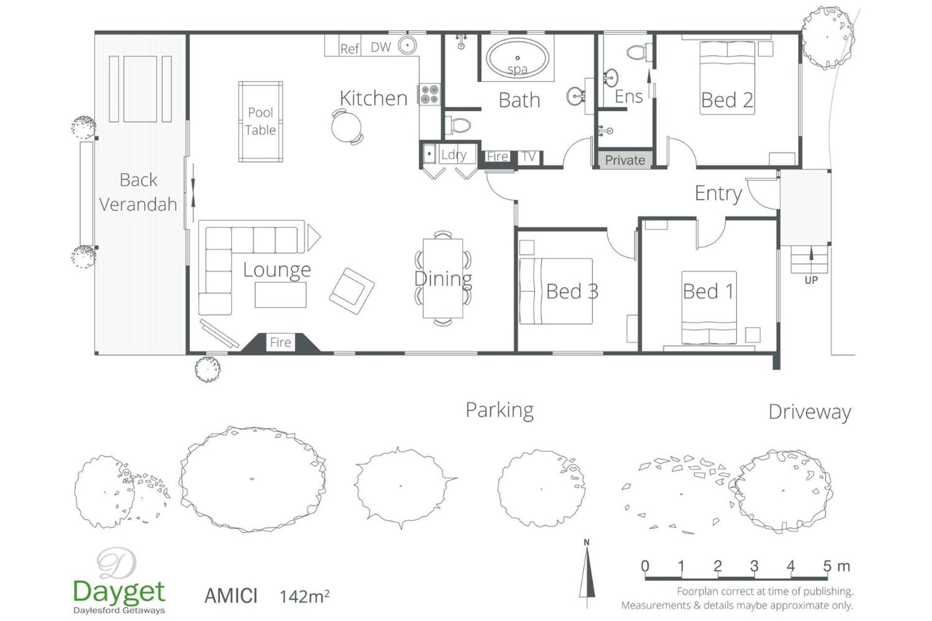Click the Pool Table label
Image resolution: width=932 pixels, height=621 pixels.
coord(261,121)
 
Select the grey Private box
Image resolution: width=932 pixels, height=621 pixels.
coord(625,160)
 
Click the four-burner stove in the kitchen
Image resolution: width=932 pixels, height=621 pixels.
coord(430,94)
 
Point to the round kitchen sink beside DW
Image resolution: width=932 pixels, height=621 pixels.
coord(408,46)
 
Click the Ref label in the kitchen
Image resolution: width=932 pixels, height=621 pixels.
coord(349,49)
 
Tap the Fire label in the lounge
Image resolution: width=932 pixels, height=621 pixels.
coord(281,343)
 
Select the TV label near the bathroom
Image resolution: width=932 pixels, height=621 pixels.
coord(528,157)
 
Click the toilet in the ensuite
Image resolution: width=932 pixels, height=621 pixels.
coord(640,52)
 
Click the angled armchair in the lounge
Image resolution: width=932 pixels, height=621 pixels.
coord(351,291)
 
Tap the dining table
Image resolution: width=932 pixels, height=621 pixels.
coord(443,278)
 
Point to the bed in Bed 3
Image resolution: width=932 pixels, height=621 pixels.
coord(556,291)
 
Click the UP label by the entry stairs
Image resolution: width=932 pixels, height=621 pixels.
coord(811,280)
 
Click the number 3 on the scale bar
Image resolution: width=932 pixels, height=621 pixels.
coord(754,566)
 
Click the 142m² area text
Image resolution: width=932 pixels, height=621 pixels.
coord(304,596)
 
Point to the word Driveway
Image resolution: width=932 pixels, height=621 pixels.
coord(810,412)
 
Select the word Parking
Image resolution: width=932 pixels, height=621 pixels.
coord(499,410)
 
